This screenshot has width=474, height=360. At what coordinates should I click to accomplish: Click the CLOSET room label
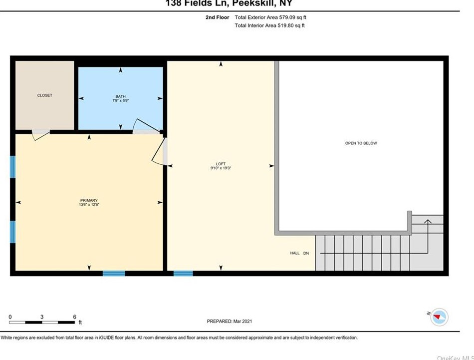[x=44, y=95]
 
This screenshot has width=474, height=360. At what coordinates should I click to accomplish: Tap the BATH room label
[x=120, y=96]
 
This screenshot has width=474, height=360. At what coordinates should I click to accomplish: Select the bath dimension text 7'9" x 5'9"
[x=120, y=101]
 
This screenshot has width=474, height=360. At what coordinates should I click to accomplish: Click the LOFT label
[x=221, y=164]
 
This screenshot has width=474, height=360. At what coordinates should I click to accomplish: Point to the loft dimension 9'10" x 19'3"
[x=221, y=169]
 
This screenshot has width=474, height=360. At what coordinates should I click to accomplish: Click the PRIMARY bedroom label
[x=89, y=200]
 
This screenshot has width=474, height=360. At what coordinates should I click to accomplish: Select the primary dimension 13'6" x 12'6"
[x=89, y=205]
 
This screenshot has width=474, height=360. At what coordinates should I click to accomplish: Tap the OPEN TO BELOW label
[x=361, y=143]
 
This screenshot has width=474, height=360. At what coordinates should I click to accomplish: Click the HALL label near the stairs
[x=295, y=253]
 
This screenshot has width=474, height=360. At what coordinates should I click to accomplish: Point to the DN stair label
[x=306, y=253]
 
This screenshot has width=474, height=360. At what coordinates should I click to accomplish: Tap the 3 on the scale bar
[x=42, y=317]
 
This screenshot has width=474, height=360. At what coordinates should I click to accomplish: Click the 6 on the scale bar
[x=74, y=317]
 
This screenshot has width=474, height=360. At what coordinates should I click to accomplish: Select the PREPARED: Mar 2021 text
[x=233, y=322]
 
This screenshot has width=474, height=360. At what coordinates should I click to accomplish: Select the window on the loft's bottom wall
[x=183, y=273]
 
